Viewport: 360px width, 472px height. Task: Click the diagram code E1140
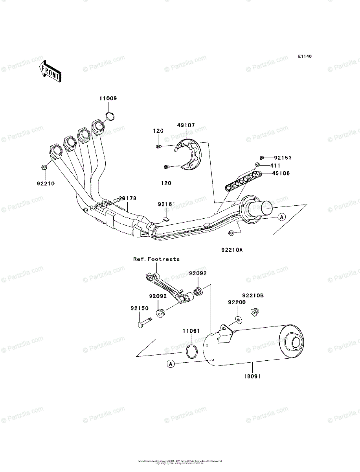pyautogui.click(x=304, y=57)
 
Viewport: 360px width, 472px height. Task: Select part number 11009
pyautogui.click(x=108, y=98)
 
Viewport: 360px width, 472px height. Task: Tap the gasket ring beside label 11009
pyautogui.click(x=110, y=116)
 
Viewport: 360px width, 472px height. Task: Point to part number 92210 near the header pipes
pyautogui.click(x=46, y=183)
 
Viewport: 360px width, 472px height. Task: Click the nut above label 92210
pyautogui.click(x=44, y=168)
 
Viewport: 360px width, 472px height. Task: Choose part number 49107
pyautogui.click(x=186, y=125)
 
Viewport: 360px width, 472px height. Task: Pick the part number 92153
pyautogui.click(x=283, y=157)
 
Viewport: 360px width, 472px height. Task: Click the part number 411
pyautogui.click(x=276, y=165)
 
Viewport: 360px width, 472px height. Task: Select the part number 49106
pyautogui.click(x=280, y=173)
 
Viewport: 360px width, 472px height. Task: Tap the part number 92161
pyautogui.click(x=167, y=204)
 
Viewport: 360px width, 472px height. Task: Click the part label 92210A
pyautogui.click(x=232, y=249)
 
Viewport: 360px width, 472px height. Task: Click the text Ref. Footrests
pyautogui.click(x=156, y=259)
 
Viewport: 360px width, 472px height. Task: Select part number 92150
pyautogui.click(x=140, y=308)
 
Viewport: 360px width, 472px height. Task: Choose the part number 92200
pyautogui.click(x=237, y=302)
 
